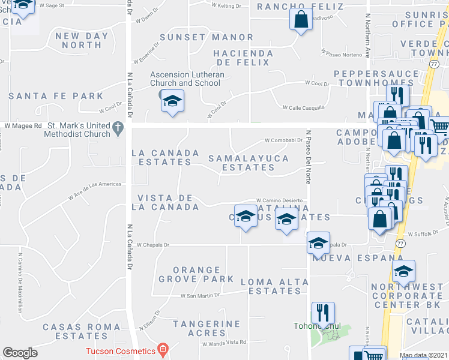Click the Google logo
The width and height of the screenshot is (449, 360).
click(x=20, y=353)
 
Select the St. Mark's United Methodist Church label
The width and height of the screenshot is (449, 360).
click(x=79, y=130)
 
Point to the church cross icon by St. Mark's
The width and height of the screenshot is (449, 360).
click(x=118, y=127)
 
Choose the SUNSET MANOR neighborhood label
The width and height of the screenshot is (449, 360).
click(x=206, y=37)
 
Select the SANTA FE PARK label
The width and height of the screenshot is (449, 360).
click(x=56, y=95)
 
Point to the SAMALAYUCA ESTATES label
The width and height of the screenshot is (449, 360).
click(x=249, y=163)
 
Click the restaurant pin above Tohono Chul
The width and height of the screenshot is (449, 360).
click(x=323, y=313)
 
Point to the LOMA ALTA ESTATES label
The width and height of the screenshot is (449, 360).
click(x=270, y=286)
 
